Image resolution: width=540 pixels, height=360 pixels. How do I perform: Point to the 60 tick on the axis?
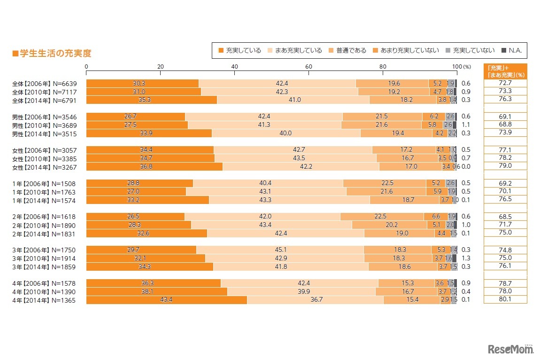coord(309,66)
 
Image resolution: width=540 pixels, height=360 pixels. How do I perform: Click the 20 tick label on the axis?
coord(160,66)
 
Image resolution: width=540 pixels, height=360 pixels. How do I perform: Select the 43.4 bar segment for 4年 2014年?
coord(166,300)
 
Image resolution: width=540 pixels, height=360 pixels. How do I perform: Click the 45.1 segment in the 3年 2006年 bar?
coord(280,250)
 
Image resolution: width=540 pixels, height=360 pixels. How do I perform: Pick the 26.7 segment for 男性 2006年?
coord(135,117)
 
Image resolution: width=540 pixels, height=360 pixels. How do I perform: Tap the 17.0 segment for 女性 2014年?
coord(410,166)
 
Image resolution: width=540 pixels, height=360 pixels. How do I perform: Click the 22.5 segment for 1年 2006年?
coord(385,183)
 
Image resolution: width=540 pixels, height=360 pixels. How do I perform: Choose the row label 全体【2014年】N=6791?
coord(45,100)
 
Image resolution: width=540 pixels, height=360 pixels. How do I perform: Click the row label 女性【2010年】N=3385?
coord(45,158)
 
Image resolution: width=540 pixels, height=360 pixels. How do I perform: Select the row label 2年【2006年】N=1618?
coord(45,217)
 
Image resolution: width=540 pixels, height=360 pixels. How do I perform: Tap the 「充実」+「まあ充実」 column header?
coord(505,70)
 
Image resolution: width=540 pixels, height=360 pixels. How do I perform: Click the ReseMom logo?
coord(511,350)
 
